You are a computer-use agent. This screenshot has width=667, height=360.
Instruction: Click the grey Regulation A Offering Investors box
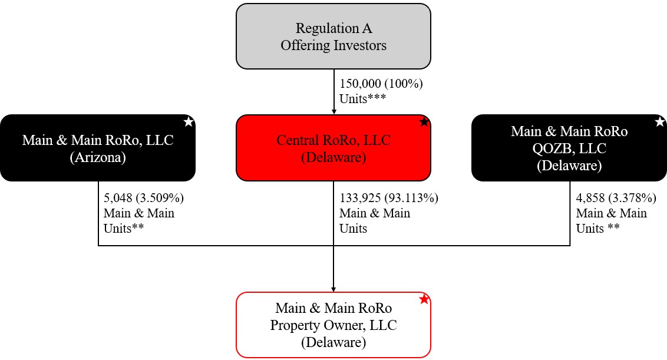pos(333,37)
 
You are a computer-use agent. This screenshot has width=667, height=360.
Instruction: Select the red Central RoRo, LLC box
pos(333,148)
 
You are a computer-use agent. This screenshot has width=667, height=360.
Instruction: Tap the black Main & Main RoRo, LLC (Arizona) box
pos(97,148)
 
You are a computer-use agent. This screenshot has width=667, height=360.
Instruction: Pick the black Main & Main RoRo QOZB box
pos(569,148)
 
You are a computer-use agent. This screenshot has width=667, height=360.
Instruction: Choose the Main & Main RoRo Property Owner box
pos(333,325)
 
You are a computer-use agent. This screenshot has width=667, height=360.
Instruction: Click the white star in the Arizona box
pos(189,122)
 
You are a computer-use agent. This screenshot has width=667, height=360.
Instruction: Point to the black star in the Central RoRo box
pos(424,122)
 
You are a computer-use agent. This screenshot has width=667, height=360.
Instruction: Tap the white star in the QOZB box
pos(660,122)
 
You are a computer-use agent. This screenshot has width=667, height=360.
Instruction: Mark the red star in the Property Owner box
pos(424,299)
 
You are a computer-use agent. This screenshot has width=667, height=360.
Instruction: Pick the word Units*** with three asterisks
pos(362,98)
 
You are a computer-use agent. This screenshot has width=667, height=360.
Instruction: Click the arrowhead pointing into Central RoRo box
pos(333,111)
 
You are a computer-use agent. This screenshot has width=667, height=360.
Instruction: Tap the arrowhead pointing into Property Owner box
pos(333,289)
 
